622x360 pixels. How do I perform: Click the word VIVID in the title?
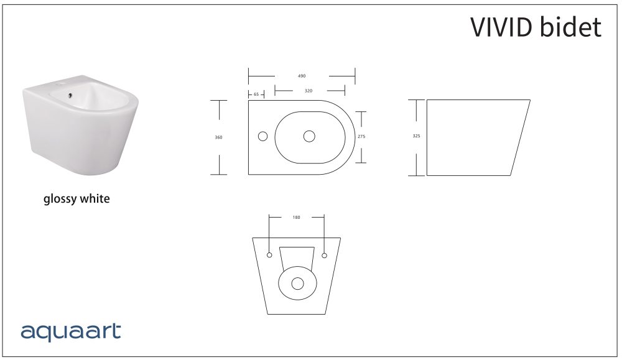503,27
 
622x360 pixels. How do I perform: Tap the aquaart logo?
70,332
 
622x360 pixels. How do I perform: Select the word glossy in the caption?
60,200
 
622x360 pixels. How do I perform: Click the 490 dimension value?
302,76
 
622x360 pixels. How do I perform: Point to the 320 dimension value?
309,91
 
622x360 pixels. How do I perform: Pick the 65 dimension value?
256,95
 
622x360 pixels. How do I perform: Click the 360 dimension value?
219,137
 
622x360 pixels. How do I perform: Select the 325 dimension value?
417,137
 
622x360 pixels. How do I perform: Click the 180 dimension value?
296,218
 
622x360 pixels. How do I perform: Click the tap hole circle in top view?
262,136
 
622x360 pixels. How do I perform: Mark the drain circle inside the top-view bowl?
309,136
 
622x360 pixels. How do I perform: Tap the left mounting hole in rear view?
269,255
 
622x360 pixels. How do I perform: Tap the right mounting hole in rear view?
324,255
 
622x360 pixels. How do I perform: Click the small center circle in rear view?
297,284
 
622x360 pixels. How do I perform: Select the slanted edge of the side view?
520,137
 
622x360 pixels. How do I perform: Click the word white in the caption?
95,200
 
